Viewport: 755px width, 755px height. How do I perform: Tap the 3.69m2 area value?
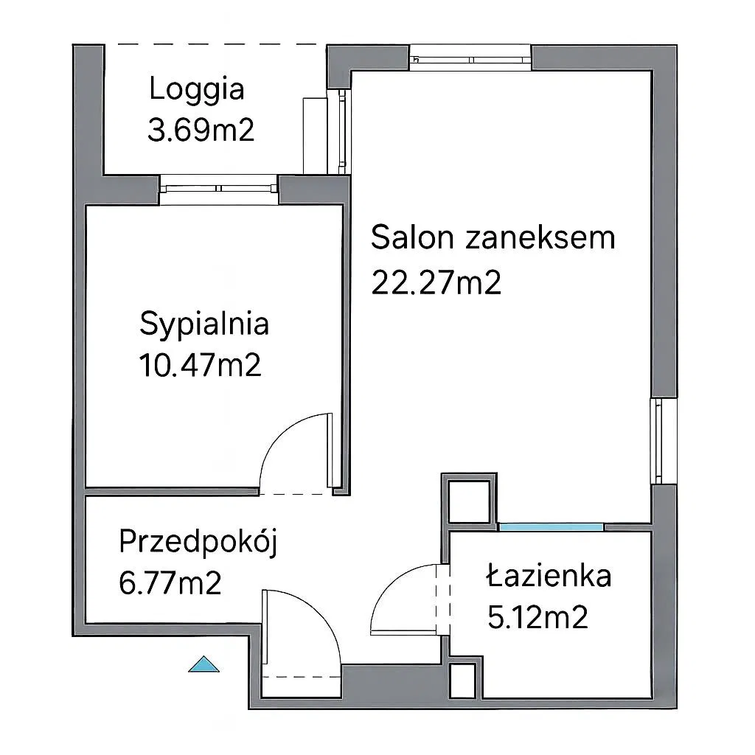(x=201, y=130)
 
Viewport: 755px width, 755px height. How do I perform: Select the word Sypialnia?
(x=204, y=325)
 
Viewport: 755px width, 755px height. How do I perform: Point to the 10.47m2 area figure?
(x=201, y=365)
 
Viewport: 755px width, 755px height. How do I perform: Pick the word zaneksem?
(x=540, y=237)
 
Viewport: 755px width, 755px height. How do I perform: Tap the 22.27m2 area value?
(x=436, y=282)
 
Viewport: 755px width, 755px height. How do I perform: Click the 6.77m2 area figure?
(x=170, y=582)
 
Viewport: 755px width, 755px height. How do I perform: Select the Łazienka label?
(x=549, y=575)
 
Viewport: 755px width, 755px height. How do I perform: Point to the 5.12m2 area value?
(x=537, y=617)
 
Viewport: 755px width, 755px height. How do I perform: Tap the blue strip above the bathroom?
(x=551, y=526)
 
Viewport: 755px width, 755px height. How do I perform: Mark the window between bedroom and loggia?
(x=219, y=189)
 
